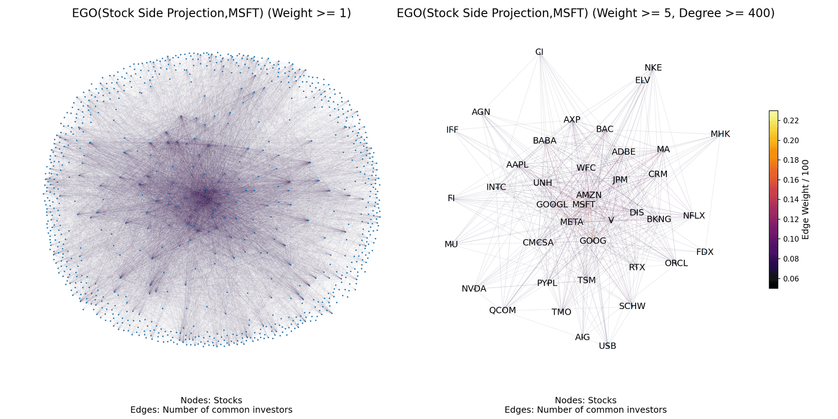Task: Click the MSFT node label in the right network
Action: (584, 204)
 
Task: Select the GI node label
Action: (539, 52)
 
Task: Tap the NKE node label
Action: (653, 68)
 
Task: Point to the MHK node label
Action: (720, 134)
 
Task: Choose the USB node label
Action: (607, 346)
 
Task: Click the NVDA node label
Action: (474, 288)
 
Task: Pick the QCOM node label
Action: (502, 310)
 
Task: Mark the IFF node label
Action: (452, 130)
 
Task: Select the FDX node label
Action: (704, 252)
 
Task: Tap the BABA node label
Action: (544, 141)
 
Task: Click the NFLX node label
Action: (694, 216)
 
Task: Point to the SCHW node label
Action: (632, 306)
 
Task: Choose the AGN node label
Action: (481, 112)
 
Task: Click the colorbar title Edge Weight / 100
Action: (806, 199)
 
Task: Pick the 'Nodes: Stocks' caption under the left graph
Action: (211, 400)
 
